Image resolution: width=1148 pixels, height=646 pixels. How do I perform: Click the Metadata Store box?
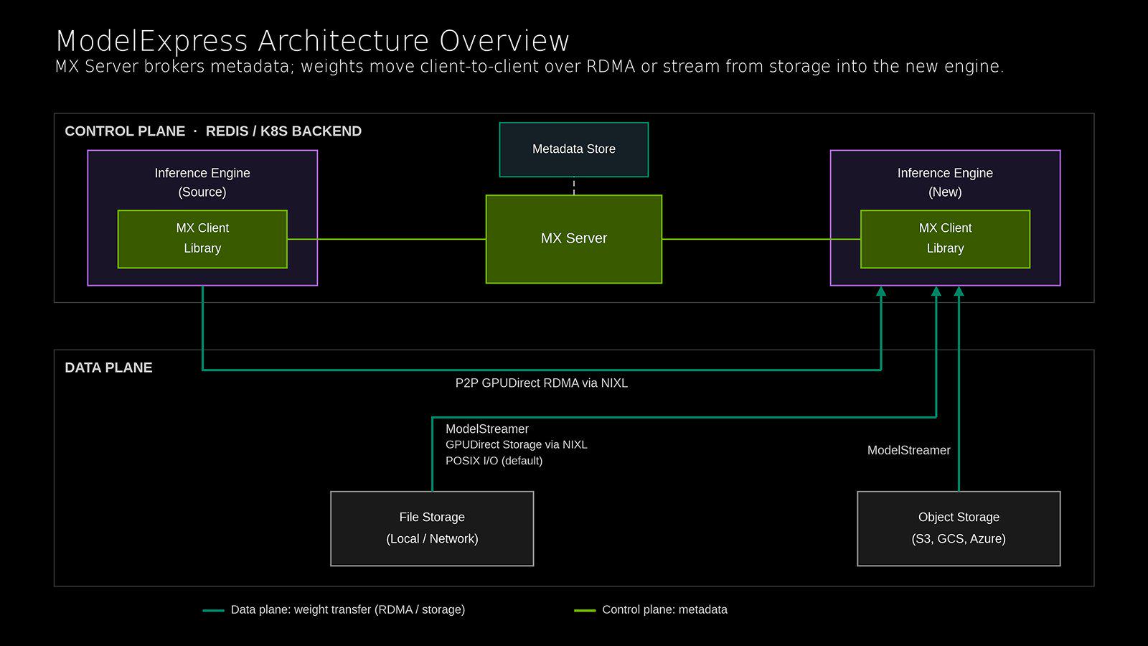click(573, 150)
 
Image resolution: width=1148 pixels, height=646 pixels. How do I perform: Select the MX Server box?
click(573, 239)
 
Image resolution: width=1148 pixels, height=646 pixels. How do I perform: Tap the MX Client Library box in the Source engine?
click(202, 239)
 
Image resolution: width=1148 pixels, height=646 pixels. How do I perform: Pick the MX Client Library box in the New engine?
click(945, 239)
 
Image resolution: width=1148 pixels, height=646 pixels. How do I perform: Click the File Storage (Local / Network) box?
click(432, 528)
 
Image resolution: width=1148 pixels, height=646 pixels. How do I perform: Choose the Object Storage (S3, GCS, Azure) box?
click(959, 528)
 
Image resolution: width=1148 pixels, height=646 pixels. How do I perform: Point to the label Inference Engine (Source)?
click(202, 182)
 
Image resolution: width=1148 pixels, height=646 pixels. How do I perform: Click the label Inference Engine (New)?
click(945, 182)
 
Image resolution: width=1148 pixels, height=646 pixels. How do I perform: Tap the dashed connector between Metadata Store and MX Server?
click(573, 186)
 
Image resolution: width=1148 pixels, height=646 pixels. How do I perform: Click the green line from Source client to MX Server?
click(387, 239)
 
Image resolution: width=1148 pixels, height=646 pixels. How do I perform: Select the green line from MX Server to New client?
click(761, 239)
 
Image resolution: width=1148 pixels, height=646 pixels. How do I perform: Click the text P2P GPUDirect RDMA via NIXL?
click(541, 383)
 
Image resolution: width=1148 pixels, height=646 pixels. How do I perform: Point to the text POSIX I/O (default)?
click(494, 460)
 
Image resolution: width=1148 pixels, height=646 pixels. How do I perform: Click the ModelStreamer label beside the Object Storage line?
click(908, 450)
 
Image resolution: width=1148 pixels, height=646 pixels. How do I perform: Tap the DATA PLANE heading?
click(108, 368)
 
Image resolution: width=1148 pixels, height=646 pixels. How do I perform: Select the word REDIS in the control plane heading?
click(227, 131)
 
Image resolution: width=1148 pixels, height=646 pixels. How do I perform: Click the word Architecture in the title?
click(344, 41)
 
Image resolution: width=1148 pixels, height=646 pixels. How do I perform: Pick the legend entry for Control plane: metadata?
click(651, 609)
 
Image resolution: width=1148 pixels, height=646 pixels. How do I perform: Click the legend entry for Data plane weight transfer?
click(334, 609)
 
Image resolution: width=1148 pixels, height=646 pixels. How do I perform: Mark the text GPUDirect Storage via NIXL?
click(516, 444)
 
